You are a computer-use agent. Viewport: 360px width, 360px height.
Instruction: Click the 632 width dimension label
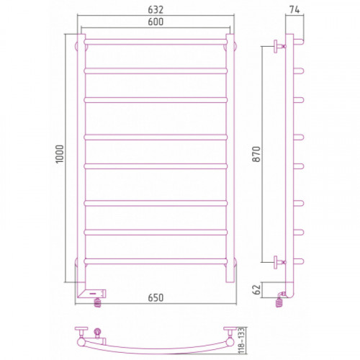[156, 9]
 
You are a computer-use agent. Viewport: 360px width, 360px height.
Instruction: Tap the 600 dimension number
[156, 22]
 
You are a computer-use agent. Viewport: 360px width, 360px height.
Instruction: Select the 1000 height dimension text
[60, 154]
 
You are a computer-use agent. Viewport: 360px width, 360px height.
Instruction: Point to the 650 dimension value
[156, 297]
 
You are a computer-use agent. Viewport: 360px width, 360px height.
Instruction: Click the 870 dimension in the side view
[256, 154]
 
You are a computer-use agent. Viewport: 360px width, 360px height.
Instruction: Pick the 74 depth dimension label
[294, 9]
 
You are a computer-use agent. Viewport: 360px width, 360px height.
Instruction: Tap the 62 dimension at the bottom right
[256, 289]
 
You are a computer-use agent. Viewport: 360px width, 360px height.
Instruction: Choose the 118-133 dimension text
[242, 340]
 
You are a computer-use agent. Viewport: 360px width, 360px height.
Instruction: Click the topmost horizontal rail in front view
[156, 42]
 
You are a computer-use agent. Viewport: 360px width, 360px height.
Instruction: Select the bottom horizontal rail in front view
[156, 261]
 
